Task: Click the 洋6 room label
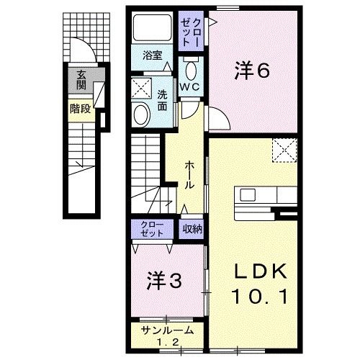click(x=251, y=71)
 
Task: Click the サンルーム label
click(x=165, y=335)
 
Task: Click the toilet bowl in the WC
click(x=192, y=71)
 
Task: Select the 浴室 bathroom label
click(x=150, y=55)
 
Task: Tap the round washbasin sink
click(x=140, y=113)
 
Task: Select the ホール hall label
click(x=189, y=175)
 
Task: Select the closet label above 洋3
click(x=152, y=229)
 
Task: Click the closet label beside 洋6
click(x=194, y=32)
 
